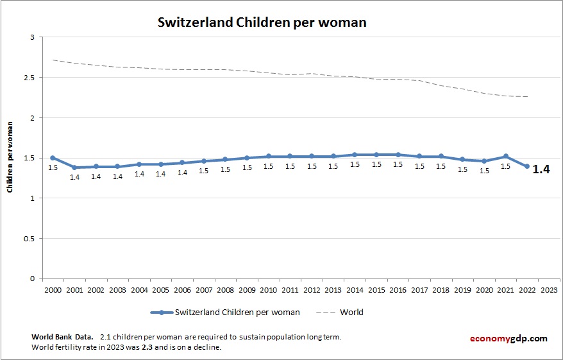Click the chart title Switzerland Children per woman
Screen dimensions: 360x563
(262, 22)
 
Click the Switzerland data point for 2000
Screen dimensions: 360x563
(53, 158)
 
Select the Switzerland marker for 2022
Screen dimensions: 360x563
(527, 166)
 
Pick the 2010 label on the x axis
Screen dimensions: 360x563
(268, 289)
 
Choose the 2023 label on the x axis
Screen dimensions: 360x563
(549, 289)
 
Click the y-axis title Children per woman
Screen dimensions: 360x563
(10, 158)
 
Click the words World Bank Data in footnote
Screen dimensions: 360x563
(62, 336)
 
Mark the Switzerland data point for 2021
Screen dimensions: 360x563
(506, 157)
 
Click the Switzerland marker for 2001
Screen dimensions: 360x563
(74, 167)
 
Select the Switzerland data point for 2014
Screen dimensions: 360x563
(355, 155)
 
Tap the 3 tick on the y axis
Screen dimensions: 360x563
(32, 37)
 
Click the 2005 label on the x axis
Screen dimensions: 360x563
(160, 289)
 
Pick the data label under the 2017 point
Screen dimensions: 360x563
(419, 166)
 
